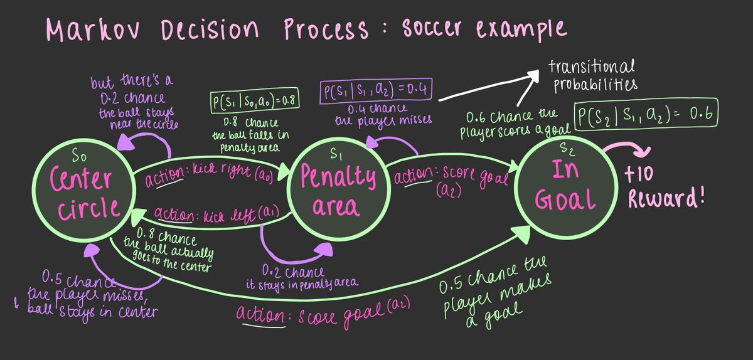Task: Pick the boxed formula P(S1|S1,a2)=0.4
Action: point(375,92)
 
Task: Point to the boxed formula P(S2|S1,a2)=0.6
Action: point(646,117)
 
